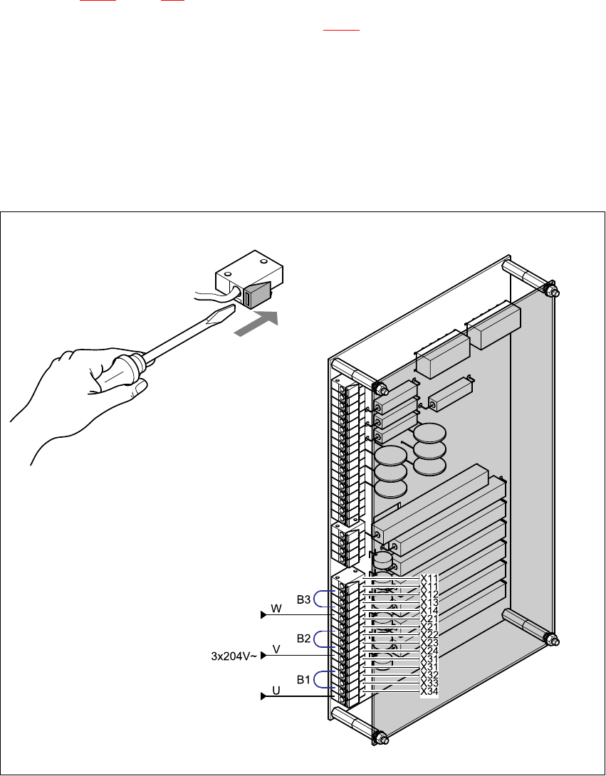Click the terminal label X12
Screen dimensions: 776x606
point(429,594)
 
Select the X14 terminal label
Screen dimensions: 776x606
point(429,610)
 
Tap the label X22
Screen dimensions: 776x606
point(429,634)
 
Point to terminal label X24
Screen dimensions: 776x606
point(429,651)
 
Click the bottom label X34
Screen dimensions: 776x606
point(429,691)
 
